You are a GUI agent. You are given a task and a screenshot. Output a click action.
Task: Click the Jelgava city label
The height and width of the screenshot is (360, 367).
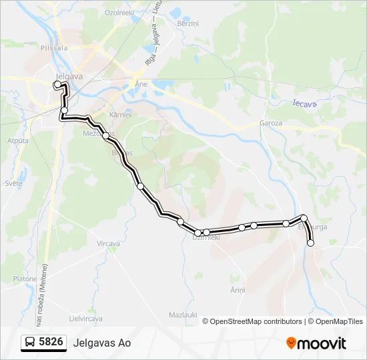click(x=69, y=76)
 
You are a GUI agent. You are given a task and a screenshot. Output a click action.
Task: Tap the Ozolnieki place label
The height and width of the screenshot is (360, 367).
click(x=119, y=13)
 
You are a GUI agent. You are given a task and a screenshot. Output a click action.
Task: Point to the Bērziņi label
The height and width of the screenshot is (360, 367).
click(x=188, y=23)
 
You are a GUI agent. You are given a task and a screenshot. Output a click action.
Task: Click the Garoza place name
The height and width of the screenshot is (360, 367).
click(x=271, y=123)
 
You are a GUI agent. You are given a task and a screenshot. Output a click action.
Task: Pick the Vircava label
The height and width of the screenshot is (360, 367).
click(x=108, y=243)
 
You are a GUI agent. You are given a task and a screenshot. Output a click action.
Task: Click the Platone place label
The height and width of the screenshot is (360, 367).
click(x=25, y=278)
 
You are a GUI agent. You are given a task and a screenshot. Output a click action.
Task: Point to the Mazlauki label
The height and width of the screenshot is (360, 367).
click(x=181, y=314)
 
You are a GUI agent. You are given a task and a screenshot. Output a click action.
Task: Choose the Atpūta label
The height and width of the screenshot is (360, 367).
click(x=17, y=141)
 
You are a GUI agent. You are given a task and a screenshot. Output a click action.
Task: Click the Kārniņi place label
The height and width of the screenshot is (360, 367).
click(x=121, y=115)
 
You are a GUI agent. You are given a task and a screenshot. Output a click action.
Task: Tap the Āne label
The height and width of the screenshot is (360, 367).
click(x=141, y=85)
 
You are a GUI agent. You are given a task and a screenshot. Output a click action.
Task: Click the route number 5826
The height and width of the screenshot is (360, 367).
click(x=51, y=343)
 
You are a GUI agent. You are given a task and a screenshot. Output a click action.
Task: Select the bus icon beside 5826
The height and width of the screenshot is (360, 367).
click(x=30, y=343)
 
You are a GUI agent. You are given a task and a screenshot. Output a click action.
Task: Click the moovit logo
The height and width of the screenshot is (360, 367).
click(x=316, y=343)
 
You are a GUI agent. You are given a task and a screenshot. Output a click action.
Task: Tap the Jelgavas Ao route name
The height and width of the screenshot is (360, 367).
click(x=103, y=343)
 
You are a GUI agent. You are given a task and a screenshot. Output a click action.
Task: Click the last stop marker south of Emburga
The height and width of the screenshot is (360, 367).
click(x=310, y=243)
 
